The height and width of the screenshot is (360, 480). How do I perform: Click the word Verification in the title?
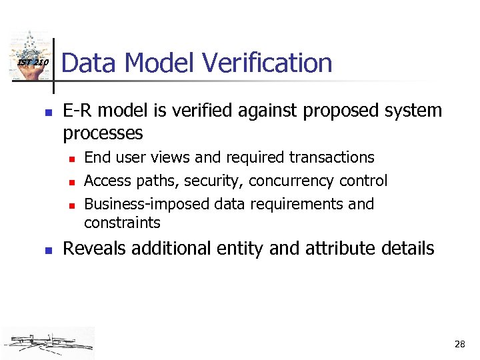267,63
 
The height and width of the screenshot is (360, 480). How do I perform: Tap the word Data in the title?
89,63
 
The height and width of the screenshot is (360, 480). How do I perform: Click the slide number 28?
459,345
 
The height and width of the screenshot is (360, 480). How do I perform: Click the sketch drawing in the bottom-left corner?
49,343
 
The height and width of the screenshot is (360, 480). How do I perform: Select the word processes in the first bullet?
103,133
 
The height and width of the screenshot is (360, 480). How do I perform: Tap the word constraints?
123,223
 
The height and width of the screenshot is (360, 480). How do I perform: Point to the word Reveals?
95,249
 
